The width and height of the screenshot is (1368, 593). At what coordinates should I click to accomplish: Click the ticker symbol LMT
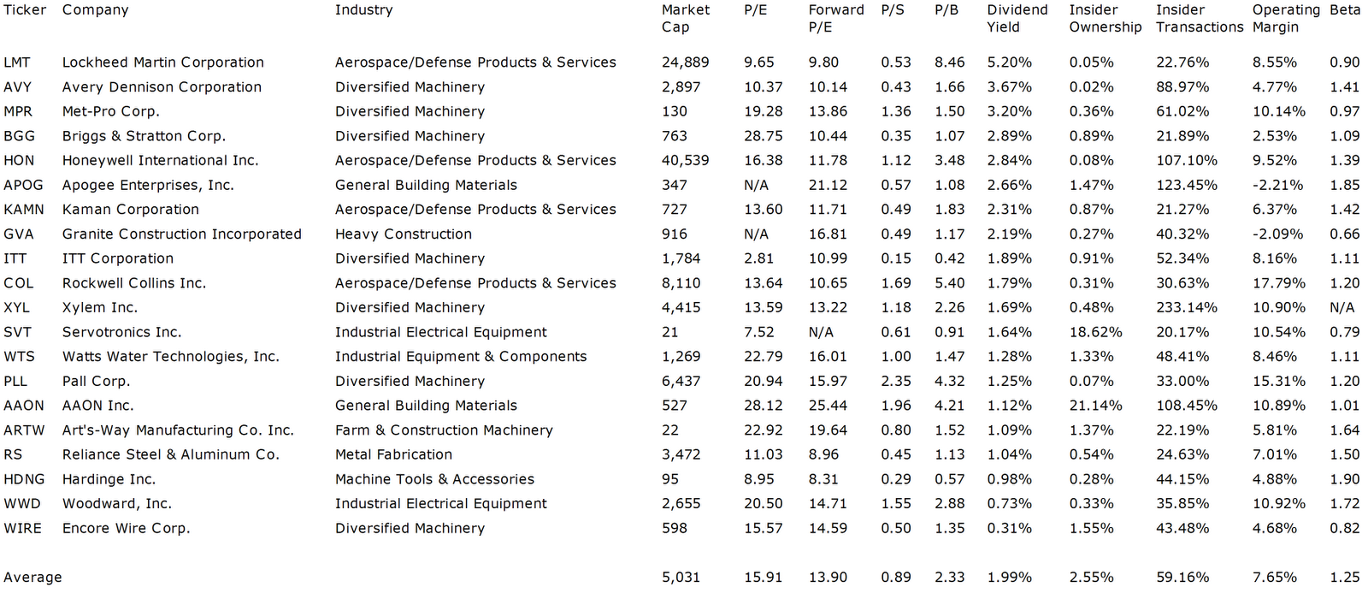(x=16, y=62)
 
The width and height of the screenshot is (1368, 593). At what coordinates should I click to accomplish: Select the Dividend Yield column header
(x=1017, y=18)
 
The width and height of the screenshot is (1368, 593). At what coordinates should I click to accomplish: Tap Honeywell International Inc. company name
(x=160, y=160)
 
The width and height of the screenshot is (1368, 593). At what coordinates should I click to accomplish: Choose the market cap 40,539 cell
(x=685, y=160)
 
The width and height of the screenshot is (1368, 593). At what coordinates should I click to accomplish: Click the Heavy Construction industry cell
(x=403, y=234)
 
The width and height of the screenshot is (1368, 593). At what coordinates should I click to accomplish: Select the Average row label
(x=32, y=577)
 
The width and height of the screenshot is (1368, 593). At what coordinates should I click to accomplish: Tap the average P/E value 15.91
(x=763, y=577)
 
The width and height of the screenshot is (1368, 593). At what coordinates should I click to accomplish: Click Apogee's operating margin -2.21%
(x=1277, y=185)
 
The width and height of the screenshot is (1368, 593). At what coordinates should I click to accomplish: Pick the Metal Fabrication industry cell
(x=393, y=454)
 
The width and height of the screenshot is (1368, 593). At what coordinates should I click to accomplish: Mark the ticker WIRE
(x=22, y=528)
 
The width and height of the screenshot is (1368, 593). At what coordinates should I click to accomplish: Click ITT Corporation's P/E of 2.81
(x=758, y=258)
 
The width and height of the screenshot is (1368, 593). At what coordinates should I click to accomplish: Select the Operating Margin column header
(x=1285, y=18)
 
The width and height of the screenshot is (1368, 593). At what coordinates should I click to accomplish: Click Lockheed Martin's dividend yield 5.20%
(x=1009, y=62)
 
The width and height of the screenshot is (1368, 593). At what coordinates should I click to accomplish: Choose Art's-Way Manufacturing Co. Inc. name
(x=178, y=430)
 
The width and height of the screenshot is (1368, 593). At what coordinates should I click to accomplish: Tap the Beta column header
(x=1345, y=10)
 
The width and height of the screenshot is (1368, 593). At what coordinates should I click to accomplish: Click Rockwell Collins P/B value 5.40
(x=949, y=282)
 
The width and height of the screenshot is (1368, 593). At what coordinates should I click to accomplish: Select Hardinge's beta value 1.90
(x=1344, y=479)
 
